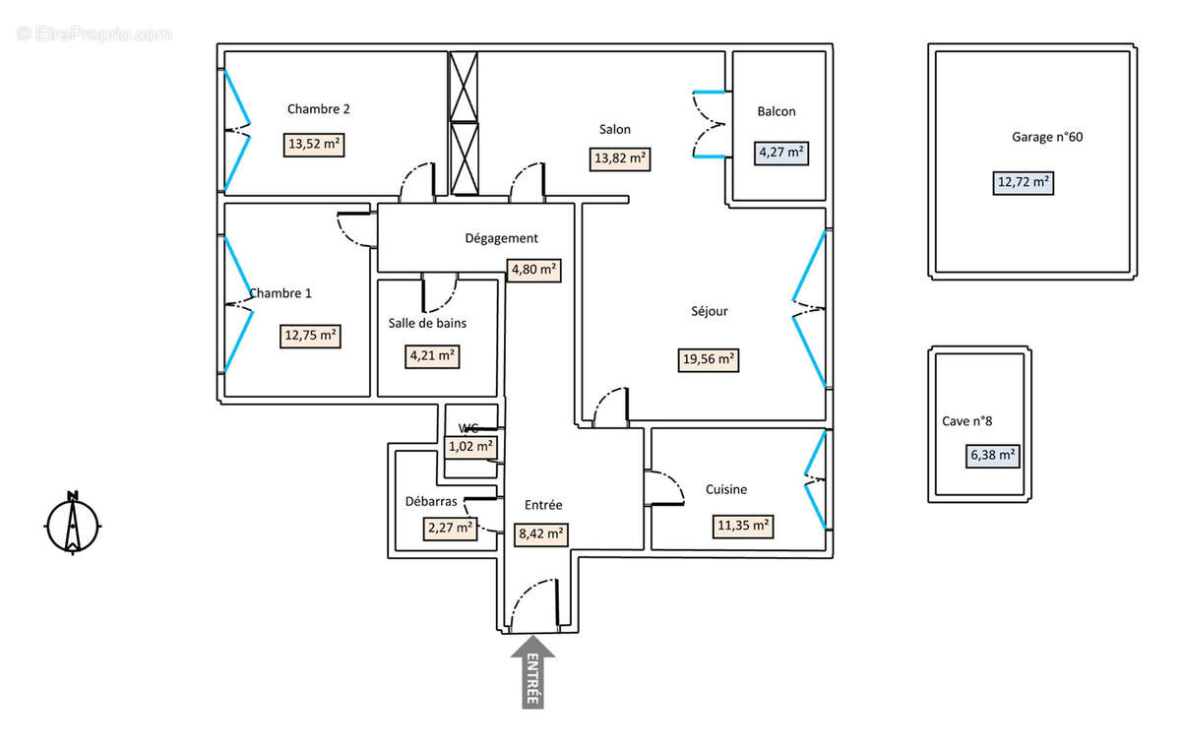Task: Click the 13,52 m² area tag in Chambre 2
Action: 314,144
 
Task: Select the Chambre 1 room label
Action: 280,293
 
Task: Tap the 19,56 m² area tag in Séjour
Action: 710,359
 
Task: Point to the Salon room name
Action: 615,129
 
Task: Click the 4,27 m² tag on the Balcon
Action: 781,153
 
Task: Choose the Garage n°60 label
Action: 1047,138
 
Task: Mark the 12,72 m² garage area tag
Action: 1023,181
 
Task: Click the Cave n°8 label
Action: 966,421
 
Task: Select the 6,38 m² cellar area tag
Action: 992,456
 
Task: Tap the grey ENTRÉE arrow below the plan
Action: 532,673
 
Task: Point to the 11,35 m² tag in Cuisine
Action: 743,526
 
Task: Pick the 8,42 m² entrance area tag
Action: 539,534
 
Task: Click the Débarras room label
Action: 431,501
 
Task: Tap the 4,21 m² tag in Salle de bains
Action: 434,356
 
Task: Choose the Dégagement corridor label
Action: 501,238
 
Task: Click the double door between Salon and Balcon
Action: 712,124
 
